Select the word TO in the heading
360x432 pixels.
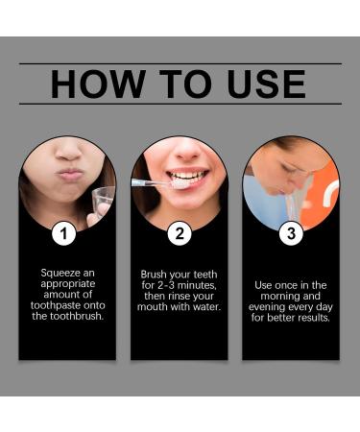pos(175,84)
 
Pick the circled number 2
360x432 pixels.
pos(179,232)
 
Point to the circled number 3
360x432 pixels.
pos(290,232)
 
